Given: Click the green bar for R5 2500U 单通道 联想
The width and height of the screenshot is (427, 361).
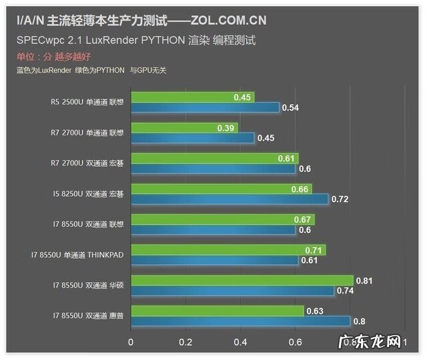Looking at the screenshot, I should (192, 97).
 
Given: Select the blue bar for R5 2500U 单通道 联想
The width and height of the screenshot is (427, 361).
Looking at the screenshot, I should (205, 107).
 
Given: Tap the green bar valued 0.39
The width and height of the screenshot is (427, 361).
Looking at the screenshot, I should (184, 128).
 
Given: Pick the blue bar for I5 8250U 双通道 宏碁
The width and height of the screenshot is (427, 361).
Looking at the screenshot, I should (230, 199).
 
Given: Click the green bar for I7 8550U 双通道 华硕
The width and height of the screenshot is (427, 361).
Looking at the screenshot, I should (242, 281).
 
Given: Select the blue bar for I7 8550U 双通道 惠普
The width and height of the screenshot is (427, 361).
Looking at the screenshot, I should (240, 322).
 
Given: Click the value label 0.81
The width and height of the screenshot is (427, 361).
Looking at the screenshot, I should (365, 281).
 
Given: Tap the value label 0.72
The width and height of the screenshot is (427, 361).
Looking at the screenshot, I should (340, 200).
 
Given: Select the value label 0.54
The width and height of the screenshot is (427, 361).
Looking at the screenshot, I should (290, 107).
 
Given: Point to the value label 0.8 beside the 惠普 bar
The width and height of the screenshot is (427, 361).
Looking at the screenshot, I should (359, 322).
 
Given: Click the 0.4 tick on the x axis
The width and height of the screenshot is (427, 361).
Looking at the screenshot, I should (240, 342).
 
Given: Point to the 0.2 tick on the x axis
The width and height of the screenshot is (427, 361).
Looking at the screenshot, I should (185, 342).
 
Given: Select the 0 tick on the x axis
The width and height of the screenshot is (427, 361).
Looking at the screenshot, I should (131, 342).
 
